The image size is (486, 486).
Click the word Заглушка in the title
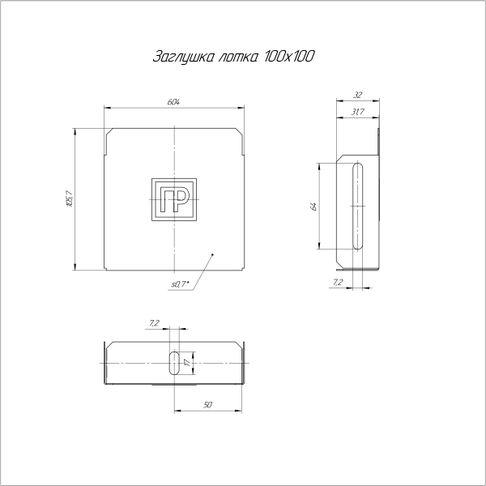tap(181, 58)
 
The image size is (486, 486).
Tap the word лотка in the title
tap(237, 58)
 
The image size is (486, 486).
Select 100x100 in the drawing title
tap(290, 58)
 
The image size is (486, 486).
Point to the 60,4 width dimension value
tap(173, 102)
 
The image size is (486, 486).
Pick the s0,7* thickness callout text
tap(179, 283)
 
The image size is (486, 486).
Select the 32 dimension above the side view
tap(357, 94)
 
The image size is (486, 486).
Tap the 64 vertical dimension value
tap(313, 206)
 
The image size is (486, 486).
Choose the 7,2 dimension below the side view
tap(337, 282)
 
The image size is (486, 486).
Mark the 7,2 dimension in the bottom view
tap(154, 324)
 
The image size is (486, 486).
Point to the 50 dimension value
tap(208, 403)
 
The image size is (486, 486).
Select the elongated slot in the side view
tap(357, 206)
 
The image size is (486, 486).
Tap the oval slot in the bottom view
tap(174, 362)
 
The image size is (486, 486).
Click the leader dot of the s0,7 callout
tap(212, 255)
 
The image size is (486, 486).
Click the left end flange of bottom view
tap(104, 364)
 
